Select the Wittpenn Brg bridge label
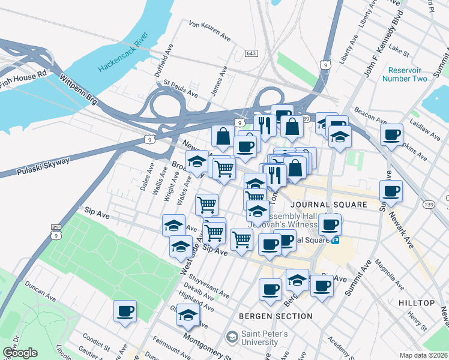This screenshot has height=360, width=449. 79,89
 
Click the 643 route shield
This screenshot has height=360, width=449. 252,54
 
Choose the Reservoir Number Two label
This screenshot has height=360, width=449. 408,74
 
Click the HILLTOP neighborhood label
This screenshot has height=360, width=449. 416,303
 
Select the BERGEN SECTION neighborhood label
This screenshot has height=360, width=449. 276,316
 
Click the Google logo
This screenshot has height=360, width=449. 19,353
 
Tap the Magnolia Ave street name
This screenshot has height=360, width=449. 388,271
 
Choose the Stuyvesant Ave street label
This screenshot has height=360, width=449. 208,286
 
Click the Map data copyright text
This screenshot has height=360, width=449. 423,355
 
